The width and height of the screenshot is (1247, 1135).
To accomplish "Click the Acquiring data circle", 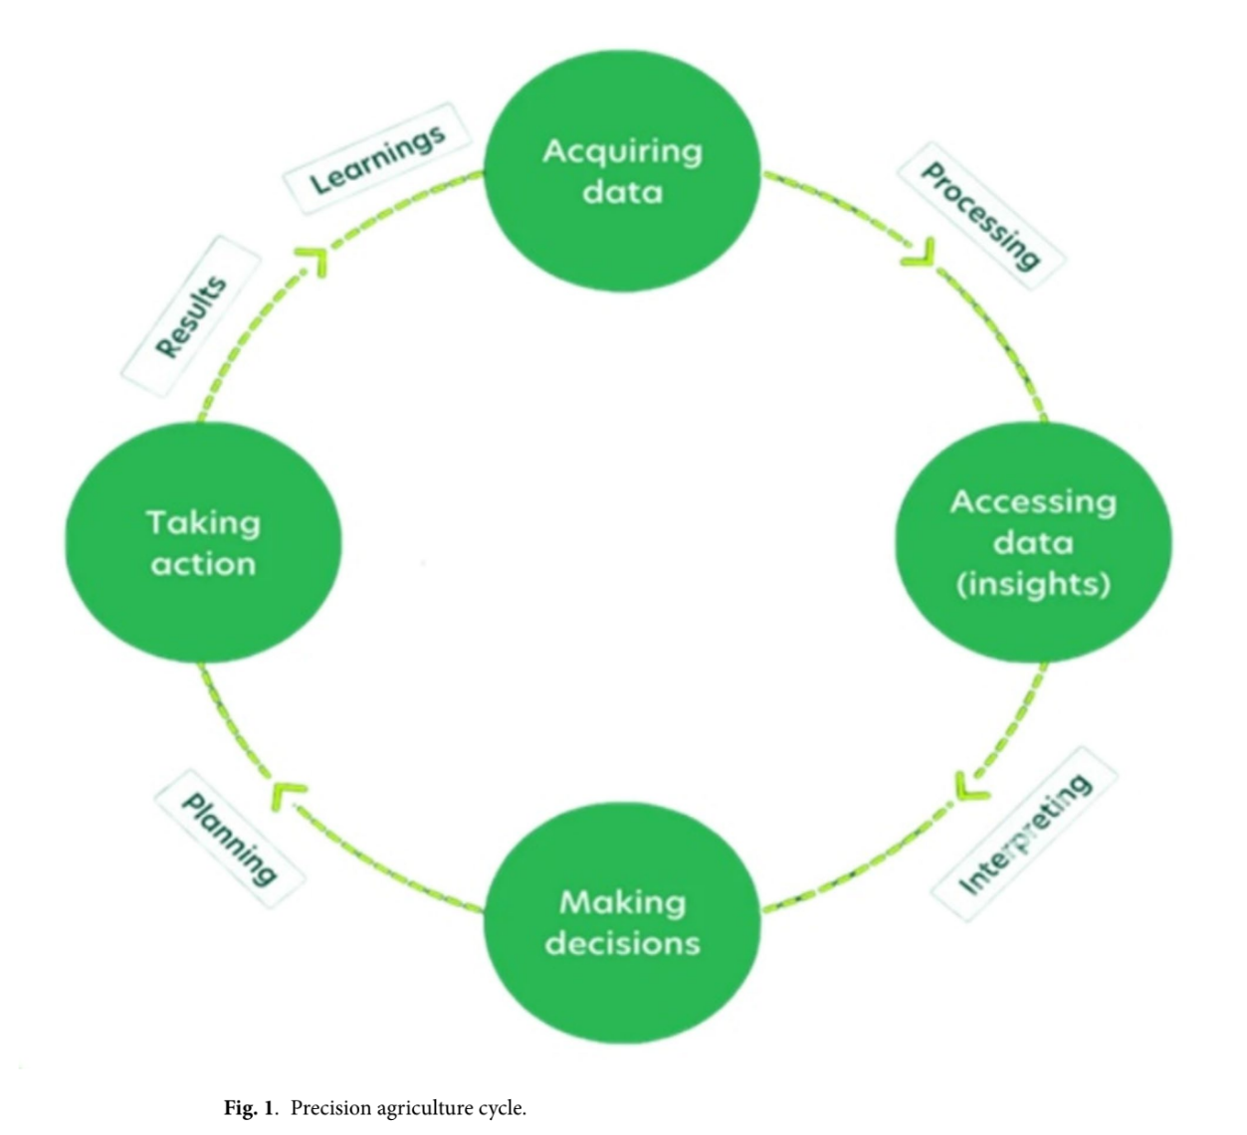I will (622, 171).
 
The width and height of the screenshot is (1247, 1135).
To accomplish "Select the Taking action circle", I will (203, 542).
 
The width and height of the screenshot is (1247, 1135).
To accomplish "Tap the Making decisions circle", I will (622, 923).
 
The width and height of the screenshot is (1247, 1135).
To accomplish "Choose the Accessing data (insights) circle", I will (1033, 542).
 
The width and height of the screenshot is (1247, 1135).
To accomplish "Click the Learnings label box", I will (377, 159).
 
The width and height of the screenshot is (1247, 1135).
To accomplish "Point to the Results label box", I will (191, 316).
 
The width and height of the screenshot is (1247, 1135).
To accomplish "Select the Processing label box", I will (981, 215).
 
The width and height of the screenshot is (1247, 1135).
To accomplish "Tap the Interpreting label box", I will (1025, 834).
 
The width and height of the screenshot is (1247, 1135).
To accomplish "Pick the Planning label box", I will (230, 839).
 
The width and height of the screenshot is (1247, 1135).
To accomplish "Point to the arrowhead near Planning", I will (290, 793).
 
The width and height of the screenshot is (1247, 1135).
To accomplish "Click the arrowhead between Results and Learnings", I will (313, 261).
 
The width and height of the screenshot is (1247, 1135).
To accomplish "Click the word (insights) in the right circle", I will (1033, 584).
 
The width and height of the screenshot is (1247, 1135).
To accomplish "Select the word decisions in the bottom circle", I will (622, 943).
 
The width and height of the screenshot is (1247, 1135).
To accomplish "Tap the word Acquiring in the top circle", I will (622, 151).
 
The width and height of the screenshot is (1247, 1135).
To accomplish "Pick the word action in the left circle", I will (203, 564).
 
